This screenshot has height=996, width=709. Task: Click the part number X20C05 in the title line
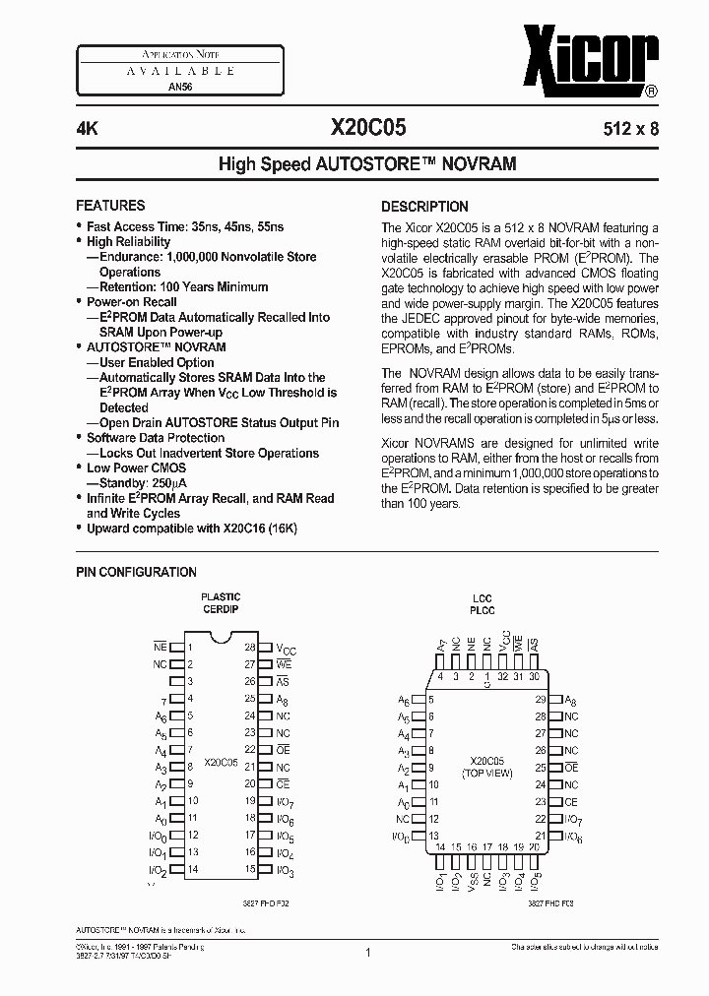click(x=366, y=127)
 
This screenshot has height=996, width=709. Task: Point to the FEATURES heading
click(x=110, y=206)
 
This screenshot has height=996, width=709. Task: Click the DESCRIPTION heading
click(x=424, y=207)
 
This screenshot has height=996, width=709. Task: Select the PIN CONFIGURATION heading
click(x=136, y=572)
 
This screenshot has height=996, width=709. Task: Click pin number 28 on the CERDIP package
click(x=250, y=648)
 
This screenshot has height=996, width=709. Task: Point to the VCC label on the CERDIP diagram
click(x=286, y=649)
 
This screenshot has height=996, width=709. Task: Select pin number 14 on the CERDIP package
click(x=193, y=869)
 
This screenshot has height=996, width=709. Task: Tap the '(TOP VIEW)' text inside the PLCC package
click(x=487, y=775)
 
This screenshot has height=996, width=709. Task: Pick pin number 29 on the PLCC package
click(x=541, y=699)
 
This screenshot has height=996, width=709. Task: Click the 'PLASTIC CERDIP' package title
click(x=221, y=603)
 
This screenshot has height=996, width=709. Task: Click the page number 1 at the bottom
click(x=366, y=953)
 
